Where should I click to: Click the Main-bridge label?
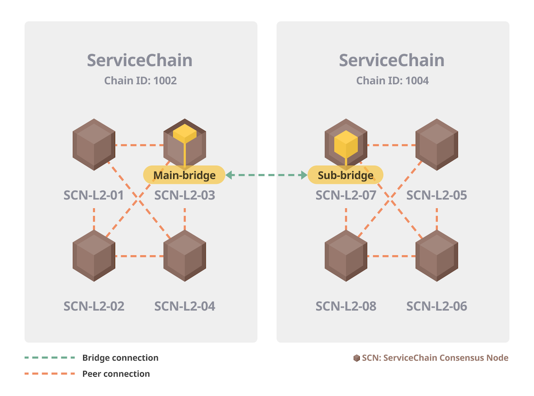point(184,175)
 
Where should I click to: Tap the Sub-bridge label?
point(346,175)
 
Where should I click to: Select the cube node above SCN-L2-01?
point(94,144)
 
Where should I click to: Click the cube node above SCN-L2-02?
point(94,255)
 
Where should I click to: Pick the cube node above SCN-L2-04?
point(184,255)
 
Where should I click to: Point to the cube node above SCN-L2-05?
point(437,144)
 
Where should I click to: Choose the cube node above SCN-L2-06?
point(437,255)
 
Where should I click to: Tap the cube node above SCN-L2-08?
point(346,255)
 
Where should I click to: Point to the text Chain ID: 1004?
point(392,81)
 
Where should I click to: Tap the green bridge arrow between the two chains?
point(266,175)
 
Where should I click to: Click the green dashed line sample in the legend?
point(50,358)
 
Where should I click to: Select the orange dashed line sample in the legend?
point(50,374)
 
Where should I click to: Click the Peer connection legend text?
point(116,374)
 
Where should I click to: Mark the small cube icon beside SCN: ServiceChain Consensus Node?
point(357,358)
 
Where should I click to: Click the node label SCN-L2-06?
point(437,306)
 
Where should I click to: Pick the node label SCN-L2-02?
point(94,306)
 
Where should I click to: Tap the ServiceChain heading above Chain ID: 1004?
point(392,60)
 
